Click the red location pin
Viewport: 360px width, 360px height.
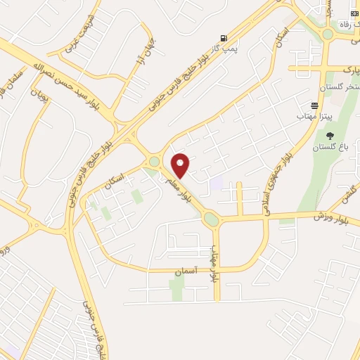(181, 165)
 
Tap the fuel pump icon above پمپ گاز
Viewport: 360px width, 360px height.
(224, 38)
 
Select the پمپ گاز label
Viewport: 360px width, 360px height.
(223, 49)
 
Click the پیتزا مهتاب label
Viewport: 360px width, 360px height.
(309, 114)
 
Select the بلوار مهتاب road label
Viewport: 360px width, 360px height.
(215, 264)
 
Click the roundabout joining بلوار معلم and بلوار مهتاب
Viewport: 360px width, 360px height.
(211, 220)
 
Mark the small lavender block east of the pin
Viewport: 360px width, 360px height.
(217, 183)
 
